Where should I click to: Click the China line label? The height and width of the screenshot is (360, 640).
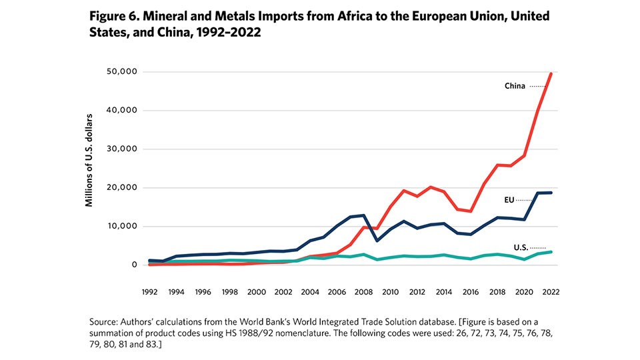(515, 86)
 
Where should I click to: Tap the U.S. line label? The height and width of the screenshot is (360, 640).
(520, 247)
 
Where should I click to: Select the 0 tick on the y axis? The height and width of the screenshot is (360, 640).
(134, 265)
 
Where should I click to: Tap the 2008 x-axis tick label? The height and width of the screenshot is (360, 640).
(363, 291)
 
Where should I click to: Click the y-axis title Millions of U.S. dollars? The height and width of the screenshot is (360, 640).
(89, 159)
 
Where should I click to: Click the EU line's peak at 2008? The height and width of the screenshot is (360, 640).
(363, 215)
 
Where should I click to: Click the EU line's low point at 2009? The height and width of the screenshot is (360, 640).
(376, 241)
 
